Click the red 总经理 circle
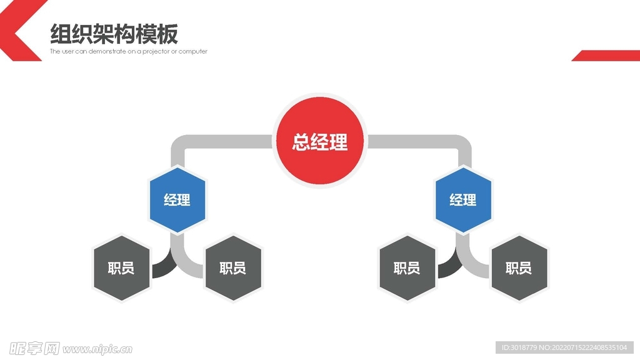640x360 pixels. click(319, 141)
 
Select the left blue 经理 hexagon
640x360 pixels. click(177, 200)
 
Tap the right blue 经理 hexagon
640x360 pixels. click(463, 200)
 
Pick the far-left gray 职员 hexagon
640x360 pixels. click(121, 268)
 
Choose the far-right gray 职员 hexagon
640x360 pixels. click(519, 268)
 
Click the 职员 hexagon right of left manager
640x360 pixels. click(232, 268)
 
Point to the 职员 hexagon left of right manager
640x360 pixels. click(407, 268)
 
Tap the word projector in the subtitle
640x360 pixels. click(159, 51)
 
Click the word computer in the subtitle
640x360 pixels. click(193, 51)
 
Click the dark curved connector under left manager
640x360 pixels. click(162, 267)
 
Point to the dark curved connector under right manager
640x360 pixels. click(449, 267)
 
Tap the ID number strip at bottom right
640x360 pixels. click(565, 347)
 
